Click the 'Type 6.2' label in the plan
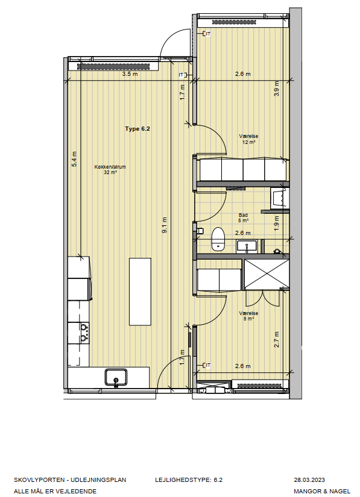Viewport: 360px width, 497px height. tap(137, 129)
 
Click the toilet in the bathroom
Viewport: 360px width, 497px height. tap(218, 239)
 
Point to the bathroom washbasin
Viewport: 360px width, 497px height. tap(247, 246)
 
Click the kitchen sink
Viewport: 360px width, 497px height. tap(116, 377)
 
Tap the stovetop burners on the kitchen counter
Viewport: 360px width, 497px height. tap(84, 333)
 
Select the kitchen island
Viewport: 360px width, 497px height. tap(140, 292)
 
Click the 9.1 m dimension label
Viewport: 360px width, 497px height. tap(164, 225)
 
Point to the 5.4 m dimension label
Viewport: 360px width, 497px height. tap(74, 159)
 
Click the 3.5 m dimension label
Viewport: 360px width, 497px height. tap(130, 74)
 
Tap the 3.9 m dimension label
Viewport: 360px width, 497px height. tap(277, 89)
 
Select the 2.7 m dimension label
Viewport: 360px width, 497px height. tap(277, 339)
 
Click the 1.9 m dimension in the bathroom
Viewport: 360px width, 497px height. tap(277, 223)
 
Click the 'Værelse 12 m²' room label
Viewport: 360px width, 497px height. tap(248, 139)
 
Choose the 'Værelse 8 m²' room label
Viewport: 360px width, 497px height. tap(248, 316)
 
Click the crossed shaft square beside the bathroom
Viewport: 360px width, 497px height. tap(267, 274)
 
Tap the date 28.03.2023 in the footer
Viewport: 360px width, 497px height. tap(309, 480)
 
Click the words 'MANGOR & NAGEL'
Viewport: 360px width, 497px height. tap(322, 492)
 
